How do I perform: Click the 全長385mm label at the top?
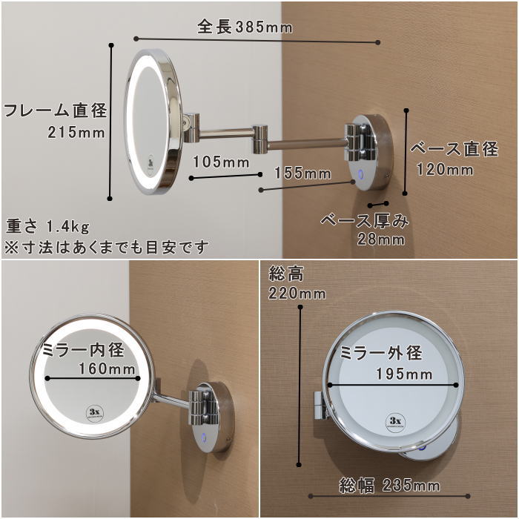tap(245, 27)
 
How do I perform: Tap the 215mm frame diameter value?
tap(76, 133)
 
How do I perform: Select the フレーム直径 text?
tap(56, 111)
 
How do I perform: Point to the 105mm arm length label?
tap(221, 161)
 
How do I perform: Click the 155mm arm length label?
tap(303, 173)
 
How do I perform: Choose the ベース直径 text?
tap(454, 149)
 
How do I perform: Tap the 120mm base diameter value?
tap(444, 170)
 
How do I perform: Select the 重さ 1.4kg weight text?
tap(48, 225)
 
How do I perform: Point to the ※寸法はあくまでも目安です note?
tap(107, 245)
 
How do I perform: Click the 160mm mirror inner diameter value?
tap(107, 368)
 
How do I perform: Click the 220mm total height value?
tap(297, 294)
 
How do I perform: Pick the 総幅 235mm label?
tap(389, 486)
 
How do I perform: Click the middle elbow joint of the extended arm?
tap(260, 138)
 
